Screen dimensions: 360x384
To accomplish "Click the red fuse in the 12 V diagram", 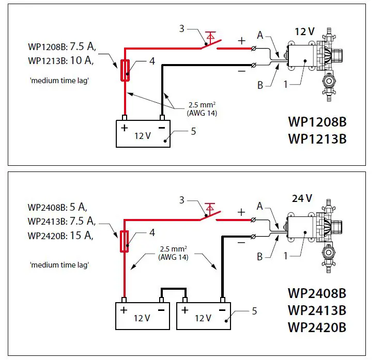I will [125, 71].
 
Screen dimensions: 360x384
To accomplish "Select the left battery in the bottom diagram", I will [143, 315].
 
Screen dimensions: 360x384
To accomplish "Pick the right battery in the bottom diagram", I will [205, 315].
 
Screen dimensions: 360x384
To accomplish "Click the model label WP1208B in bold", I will [317, 123].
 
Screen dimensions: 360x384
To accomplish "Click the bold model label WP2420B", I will [317, 327].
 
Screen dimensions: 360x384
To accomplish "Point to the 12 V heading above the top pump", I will [304, 32].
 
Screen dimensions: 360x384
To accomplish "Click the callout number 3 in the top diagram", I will [181, 28].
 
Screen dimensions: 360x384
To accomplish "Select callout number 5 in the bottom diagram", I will [253, 311].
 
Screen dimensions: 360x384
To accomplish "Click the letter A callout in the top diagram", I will [260, 35].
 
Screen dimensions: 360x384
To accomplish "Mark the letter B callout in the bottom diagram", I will [260, 256].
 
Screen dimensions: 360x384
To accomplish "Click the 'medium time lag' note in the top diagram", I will [57, 81].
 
